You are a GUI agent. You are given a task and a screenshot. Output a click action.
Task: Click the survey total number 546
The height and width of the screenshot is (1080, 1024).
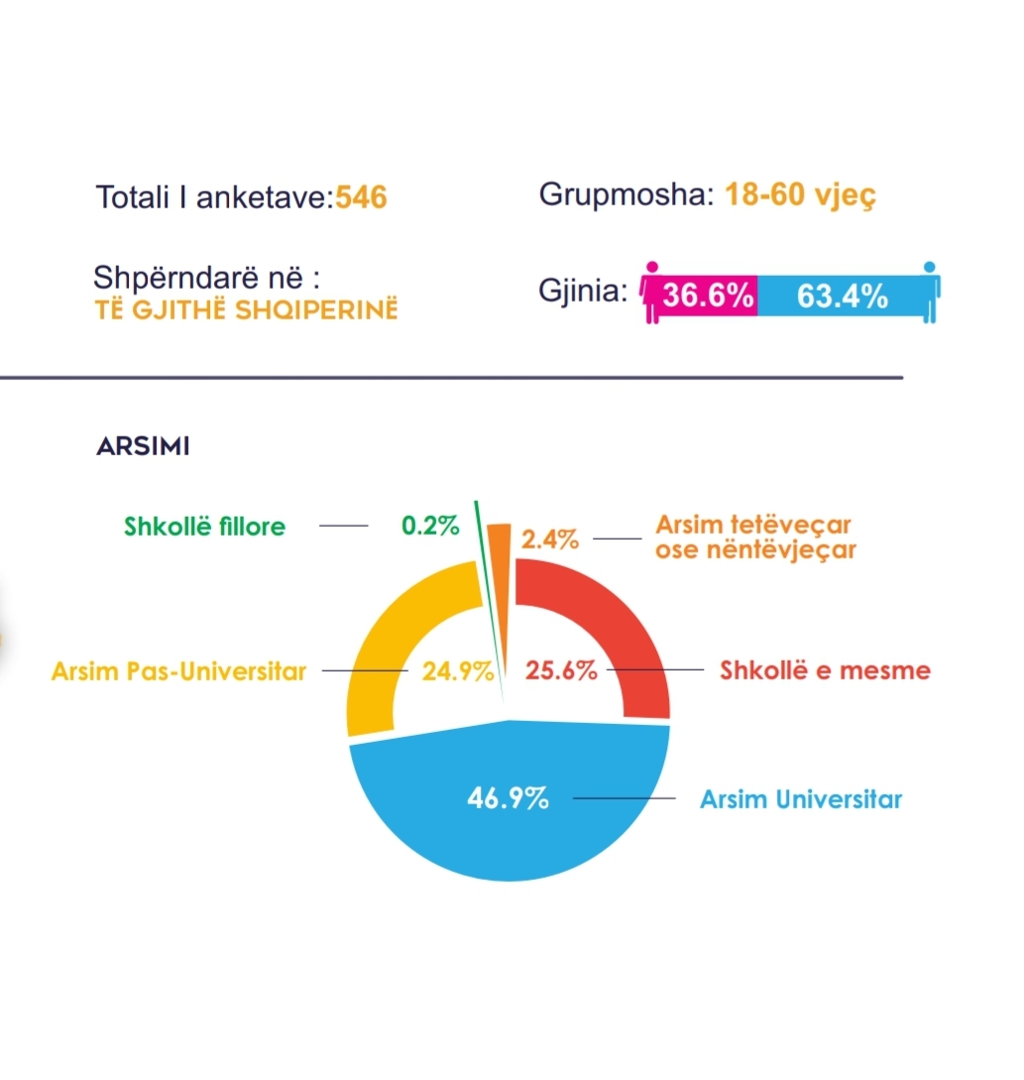tap(361, 198)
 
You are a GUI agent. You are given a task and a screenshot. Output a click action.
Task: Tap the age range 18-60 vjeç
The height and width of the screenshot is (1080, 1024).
tap(800, 194)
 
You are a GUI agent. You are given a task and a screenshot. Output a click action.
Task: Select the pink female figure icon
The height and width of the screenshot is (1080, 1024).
tap(651, 293)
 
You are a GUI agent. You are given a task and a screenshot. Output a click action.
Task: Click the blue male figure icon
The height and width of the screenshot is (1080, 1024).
tap(930, 292)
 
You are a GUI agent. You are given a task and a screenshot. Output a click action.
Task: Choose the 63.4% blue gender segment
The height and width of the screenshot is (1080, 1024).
tap(842, 296)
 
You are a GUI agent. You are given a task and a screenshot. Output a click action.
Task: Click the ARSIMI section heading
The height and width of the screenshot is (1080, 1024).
tap(143, 446)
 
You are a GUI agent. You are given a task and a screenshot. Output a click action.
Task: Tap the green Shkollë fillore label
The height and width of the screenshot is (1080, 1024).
tap(204, 526)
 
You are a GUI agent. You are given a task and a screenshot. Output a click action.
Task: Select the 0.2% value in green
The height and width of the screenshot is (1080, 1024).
tap(430, 526)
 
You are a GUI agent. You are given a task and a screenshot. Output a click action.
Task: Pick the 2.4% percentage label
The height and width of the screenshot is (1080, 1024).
tap(550, 540)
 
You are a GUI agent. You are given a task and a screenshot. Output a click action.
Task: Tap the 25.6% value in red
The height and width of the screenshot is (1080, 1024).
tap(561, 670)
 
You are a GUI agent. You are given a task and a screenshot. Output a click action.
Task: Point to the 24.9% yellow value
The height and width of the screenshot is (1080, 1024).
tap(457, 671)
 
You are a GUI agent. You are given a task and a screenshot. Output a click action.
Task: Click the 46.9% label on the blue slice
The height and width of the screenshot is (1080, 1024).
tap(508, 798)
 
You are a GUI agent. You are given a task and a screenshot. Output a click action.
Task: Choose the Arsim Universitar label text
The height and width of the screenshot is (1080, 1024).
tap(801, 798)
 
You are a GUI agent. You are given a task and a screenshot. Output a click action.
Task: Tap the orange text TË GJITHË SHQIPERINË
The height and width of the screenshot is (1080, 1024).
tap(245, 310)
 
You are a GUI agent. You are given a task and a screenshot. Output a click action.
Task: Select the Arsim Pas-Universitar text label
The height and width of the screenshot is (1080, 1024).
tap(178, 671)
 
